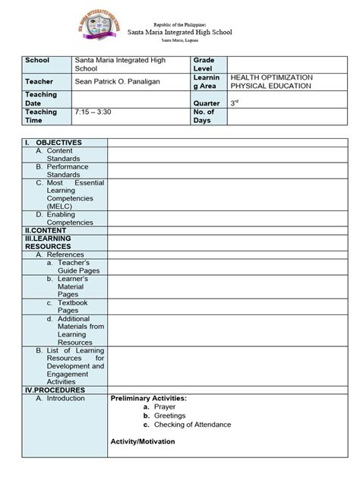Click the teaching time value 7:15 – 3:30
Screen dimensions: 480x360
(x=93, y=112)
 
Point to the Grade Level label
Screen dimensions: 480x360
(x=204, y=64)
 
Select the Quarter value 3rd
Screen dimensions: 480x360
(x=235, y=103)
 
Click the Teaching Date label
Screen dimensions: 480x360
(x=42, y=99)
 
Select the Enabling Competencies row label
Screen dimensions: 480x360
(x=68, y=219)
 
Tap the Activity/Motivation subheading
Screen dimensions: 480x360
(x=143, y=441)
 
